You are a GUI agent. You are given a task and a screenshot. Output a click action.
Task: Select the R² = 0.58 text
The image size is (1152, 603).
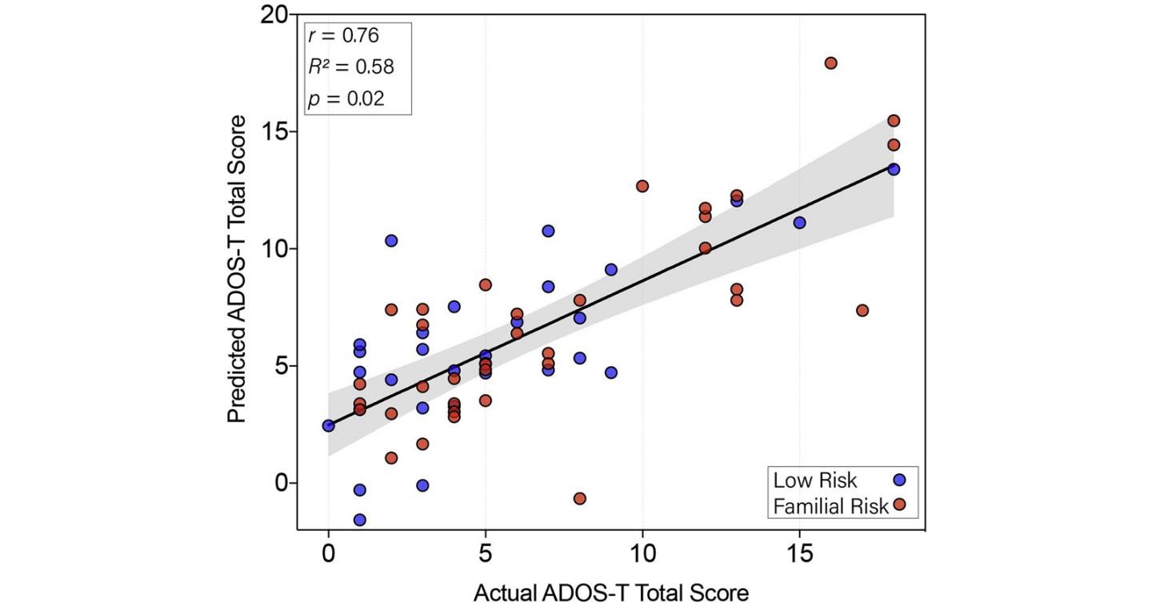click(x=351, y=66)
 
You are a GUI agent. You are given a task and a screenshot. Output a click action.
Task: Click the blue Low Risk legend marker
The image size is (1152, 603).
click(x=899, y=480)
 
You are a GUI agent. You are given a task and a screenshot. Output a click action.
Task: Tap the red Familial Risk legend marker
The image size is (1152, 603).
click(x=899, y=505)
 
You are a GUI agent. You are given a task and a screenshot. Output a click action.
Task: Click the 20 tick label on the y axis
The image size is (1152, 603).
click(x=274, y=14)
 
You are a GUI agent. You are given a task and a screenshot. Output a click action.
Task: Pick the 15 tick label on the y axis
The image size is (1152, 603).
click(x=275, y=131)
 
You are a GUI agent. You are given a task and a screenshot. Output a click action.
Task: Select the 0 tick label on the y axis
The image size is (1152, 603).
click(x=281, y=483)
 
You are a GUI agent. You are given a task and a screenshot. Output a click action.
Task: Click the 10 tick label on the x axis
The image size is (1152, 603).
click(x=642, y=555)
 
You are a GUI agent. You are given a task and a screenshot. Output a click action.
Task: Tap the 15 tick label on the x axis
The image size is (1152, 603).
click(x=798, y=555)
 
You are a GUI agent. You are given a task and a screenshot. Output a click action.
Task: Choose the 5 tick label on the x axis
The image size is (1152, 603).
click(x=485, y=555)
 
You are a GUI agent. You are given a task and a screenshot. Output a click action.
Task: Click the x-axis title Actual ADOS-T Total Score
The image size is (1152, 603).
click(x=611, y=592)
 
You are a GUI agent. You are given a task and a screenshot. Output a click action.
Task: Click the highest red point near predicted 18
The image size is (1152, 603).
click(x=830, y=63)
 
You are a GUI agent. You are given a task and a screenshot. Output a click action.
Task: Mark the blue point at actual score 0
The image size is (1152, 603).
click(x=328, y=425)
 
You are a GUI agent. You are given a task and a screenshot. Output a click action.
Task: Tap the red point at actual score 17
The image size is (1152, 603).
click(x=862, y=310)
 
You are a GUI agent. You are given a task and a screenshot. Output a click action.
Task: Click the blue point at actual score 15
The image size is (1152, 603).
click(x=799, y=223)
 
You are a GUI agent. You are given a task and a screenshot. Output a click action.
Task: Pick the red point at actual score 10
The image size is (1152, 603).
click(x=642, y=186)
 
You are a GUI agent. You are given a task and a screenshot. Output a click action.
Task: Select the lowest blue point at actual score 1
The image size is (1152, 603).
click(x=360, y=520)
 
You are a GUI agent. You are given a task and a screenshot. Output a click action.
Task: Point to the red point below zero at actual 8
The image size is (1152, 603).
click(x=579, y=498)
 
